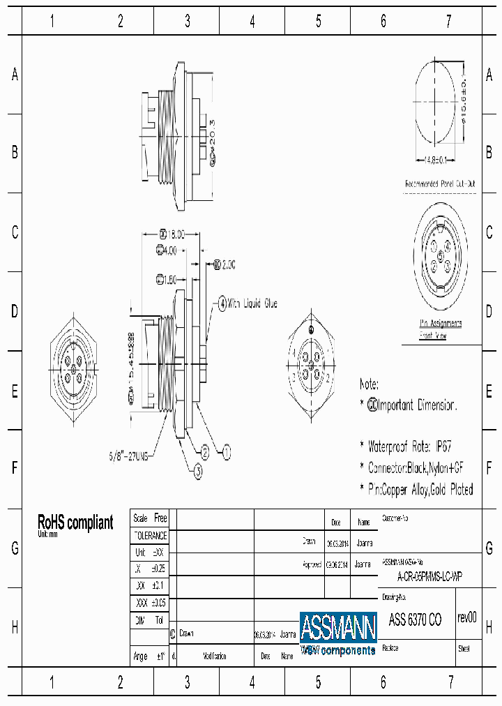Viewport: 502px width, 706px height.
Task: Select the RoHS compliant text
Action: click(75, 523)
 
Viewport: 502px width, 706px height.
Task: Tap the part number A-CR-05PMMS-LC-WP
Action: click(429, 576)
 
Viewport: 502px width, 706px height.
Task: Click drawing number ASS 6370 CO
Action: click(414, 619)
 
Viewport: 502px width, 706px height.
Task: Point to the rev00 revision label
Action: click(467, 617)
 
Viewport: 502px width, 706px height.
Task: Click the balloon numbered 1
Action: click(226, 453)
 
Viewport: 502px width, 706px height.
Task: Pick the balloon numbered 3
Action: click(198, 472)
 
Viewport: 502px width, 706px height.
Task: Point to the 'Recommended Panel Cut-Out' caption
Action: click(440, 184)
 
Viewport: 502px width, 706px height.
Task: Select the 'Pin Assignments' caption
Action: click(440, 323)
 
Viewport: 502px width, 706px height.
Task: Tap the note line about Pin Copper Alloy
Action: click(416, 489)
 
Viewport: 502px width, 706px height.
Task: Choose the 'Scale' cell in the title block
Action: click(140, 518)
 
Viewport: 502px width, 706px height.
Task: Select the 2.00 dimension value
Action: click(225, 264)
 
